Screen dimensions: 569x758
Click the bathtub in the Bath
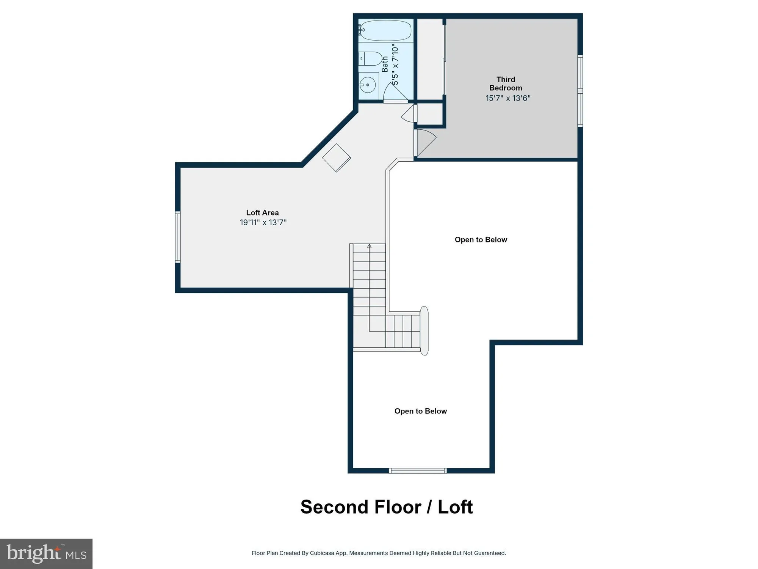tap(385, 30)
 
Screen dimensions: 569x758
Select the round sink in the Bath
tap(367, 85)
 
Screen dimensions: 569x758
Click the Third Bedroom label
tap(506, 83)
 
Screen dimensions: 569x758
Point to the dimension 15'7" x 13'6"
tap(508, 98)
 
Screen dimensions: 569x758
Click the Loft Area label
tap(262, 213)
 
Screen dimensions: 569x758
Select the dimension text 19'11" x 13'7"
tap(263, 223)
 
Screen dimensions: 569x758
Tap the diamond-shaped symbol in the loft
tap(336, 158)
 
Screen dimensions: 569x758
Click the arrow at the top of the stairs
tap(369, 246)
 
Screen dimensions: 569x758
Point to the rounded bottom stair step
tap(424, 331)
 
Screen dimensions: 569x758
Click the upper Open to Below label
tap(481, 240)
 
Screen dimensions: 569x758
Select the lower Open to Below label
tap(420, 411)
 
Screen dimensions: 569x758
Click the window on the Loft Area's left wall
tap(178, 237)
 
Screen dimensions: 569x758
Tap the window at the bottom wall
tap(418, 471)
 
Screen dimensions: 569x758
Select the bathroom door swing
tap(395, 93)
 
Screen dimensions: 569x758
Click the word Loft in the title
tap(455, 507)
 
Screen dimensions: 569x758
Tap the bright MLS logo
tap(46, 553)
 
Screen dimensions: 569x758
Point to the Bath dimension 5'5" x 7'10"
tap(395, 65)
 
